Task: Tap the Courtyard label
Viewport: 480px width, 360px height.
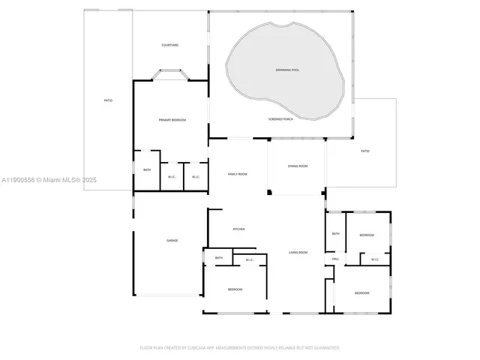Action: [170, 45]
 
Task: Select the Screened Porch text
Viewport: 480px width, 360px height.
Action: [280, 119]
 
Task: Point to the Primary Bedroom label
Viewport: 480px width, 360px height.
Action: [172, 120]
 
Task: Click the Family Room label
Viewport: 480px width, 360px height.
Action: [238, 174]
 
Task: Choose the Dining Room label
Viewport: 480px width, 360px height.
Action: [298, 166]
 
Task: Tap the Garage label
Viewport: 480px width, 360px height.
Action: [172, 240]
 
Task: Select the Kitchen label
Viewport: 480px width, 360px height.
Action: [238, 229]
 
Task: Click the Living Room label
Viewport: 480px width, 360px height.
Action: [298, 252]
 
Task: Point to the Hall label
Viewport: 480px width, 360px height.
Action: [335, 259]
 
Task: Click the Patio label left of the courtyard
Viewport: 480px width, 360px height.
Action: [108, 100]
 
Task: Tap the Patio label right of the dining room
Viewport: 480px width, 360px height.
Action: [365, 151]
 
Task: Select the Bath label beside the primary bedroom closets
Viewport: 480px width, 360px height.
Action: [147, 170]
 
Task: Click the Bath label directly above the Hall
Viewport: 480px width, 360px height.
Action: [336, 233]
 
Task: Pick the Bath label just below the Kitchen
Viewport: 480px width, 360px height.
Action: [219, 258]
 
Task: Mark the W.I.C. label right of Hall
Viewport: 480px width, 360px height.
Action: [373, 260]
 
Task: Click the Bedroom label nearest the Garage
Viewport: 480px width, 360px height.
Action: [235, 289]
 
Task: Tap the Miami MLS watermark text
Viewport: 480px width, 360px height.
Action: [49, 180]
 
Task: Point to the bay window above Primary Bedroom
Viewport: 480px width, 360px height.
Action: [171, 73]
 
